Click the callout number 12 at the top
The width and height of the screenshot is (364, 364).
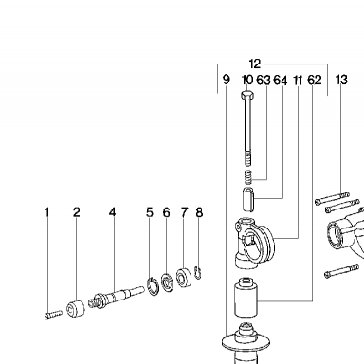(255, 64)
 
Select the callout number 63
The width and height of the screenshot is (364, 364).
(264, 81)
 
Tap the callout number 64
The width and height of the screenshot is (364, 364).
(281, 81)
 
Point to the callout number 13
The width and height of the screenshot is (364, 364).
(341, 80)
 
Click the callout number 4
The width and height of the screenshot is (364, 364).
(112, 212)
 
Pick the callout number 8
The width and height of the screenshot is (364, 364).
(199, 212)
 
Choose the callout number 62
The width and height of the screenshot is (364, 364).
(315, 81)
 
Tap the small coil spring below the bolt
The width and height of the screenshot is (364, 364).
(249, 176)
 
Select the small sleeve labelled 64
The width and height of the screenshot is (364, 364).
(249, 199)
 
